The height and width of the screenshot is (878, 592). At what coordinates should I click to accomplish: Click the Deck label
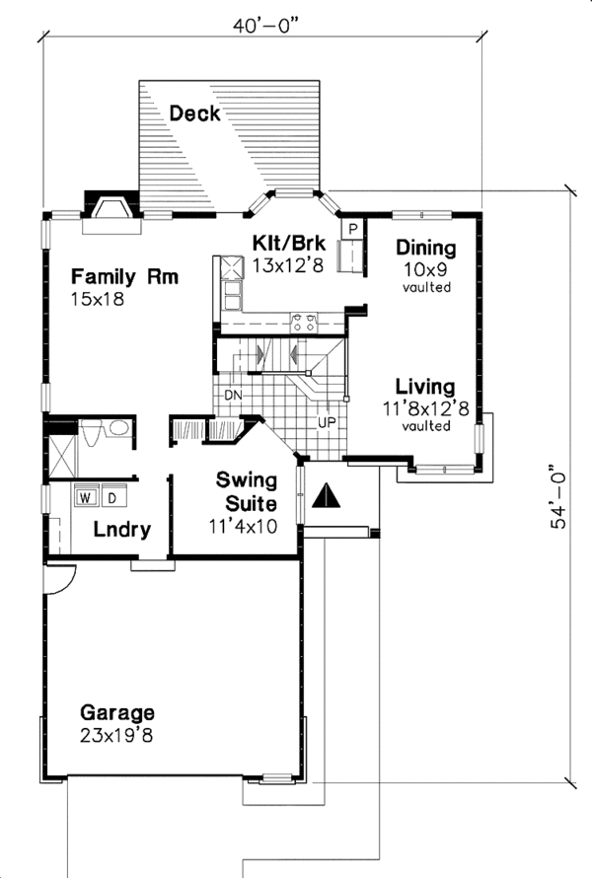[194, 113]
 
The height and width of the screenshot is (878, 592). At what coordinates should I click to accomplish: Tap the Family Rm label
[124, 276]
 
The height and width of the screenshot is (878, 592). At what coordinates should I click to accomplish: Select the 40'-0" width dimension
[265, 26]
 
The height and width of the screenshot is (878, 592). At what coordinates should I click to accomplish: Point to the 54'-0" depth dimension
[559, 496]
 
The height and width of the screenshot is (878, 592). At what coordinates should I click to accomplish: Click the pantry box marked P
[353, 229]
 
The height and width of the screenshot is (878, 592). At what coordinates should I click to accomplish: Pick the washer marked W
[86, 496]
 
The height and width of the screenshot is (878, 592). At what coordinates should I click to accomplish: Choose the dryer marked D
[112, 496]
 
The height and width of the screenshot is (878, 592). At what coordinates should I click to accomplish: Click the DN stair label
[233, 396]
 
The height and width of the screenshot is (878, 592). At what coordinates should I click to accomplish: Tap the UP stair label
[328, 423]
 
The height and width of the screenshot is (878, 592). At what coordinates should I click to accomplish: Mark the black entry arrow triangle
[326, 495]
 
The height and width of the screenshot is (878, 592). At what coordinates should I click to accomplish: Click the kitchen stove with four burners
[304, 324]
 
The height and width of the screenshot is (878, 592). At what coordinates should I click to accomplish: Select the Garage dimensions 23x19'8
[116, 735]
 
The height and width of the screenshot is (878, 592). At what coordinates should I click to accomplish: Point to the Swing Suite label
[247, 492]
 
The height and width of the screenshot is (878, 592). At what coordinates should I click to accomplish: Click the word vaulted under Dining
[427, 287]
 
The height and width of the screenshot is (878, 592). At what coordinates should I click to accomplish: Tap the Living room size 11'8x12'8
[425, 408]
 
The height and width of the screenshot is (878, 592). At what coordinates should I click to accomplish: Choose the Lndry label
[122, 529]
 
